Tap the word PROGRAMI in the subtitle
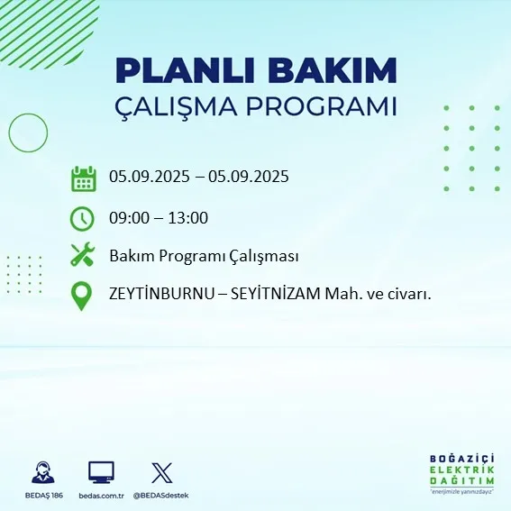pyautogui.click(x=332, y=106)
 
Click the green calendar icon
pyautogui.click(x=83, y=178)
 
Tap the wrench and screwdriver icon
pyautogui.click(x=83, y=256)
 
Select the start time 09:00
pyautogui.click(x=128, y=217)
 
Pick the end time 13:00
pyautogui.click(x=189, y=217)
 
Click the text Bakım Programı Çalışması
pyautogui.click(x=204, y=256)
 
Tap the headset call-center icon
pyautogui.click(x=41, y=472)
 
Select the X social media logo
pyautogui.click(x=162, y=471)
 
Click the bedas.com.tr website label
pyautogui.click(x=101, y=496)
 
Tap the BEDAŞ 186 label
pyautogui.click(x=41, y=496)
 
